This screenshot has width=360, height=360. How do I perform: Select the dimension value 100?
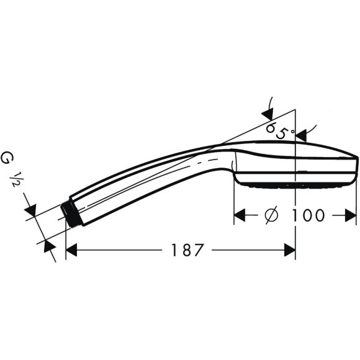coord(306,215)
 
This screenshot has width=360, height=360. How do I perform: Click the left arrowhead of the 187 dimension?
coord(71,250)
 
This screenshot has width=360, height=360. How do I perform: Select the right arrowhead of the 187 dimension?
coord(289,250)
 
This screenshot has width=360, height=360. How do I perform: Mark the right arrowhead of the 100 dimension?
coord(352,215)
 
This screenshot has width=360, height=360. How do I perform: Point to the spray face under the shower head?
coord(292,184)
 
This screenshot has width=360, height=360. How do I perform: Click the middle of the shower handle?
coord(149,180)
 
